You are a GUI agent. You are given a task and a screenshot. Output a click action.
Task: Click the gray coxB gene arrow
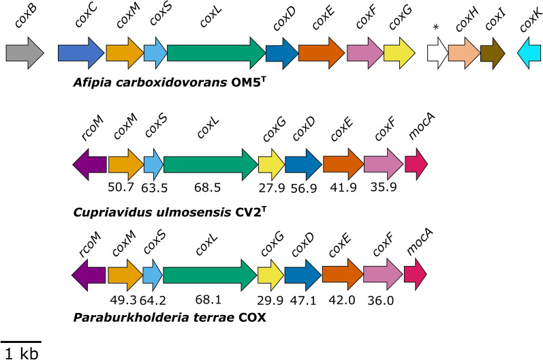click(25, 53)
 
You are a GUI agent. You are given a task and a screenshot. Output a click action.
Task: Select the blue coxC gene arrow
click(80, 53)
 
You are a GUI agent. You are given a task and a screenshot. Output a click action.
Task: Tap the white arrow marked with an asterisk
click(437, 53)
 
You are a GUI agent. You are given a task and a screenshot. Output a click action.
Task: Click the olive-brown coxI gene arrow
click(492, 53)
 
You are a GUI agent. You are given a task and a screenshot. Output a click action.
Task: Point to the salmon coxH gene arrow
click(463, 53)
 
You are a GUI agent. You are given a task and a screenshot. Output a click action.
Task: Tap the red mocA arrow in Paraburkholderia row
click(416, 274)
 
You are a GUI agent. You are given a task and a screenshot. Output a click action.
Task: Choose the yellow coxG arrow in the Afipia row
click(399, 53)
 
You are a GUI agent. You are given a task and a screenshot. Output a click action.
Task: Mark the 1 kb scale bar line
click(20, 340)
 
